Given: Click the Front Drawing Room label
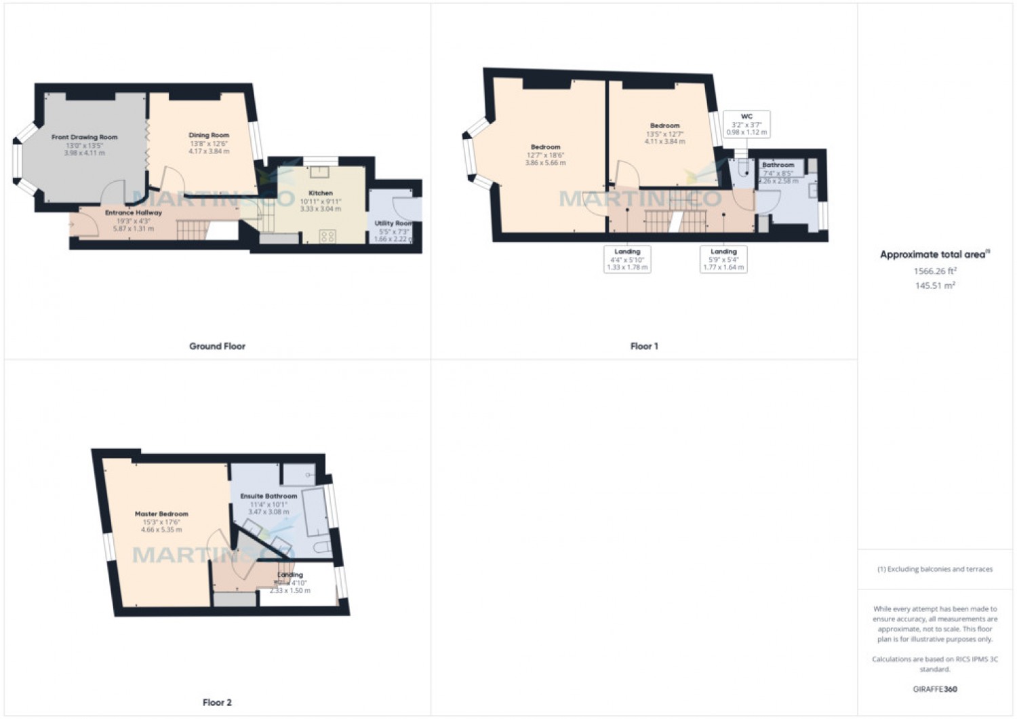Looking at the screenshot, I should [x=85, y=137].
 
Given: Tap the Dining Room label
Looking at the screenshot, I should [x=209, y=135].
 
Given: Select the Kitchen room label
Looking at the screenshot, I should [x=321, y=193].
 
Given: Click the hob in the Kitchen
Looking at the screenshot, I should [x=327, y=236].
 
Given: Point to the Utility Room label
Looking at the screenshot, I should [x=393, y=223].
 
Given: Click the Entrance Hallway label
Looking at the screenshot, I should [x=134, y=213].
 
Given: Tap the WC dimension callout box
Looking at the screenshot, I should [x=746, y=124].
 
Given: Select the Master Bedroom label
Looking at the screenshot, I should [x=161, y=514].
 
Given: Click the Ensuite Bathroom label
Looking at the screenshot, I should [x=268, y=497].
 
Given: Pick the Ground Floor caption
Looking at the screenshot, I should [x=217, y=346].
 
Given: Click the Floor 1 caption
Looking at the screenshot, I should [x=644, y=346].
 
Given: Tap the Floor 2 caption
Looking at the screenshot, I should [x=217, y=703].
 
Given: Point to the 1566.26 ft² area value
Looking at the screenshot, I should [x=935, y=271].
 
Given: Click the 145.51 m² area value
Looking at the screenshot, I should [x=935, y=286].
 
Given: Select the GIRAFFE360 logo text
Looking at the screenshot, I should [x=935, y=689].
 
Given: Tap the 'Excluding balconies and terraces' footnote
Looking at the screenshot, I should [x=935, y=569].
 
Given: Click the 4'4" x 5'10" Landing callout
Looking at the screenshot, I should [x=627, y=259].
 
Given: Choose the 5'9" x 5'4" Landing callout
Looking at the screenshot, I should [x=723, y=259].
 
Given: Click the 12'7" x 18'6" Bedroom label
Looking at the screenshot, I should [x=546, y=147].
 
